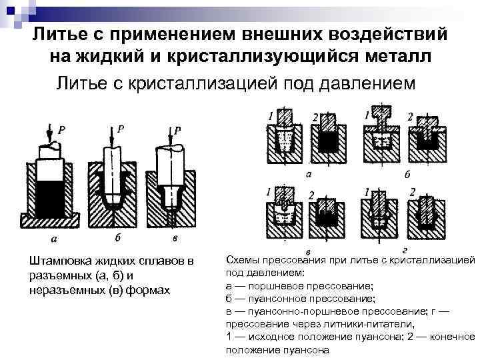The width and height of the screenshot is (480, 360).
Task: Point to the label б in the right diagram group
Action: [x=407, y=175]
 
